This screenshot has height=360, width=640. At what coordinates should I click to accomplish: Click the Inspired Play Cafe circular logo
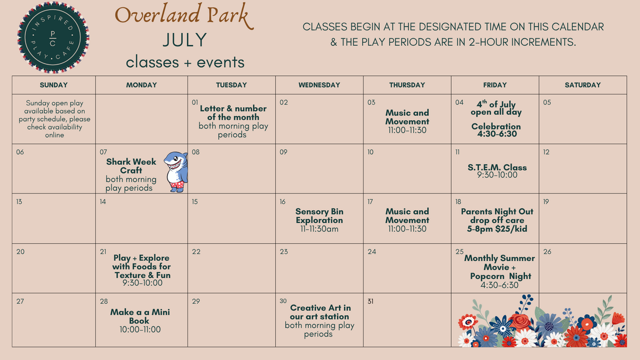click(53, 37)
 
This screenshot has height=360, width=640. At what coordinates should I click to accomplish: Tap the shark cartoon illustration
click(176, 172)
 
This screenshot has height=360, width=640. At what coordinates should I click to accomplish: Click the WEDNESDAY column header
click(319, 85)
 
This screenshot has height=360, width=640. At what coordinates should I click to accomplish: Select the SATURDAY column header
click(582, 85)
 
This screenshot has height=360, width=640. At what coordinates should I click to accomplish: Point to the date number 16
click(283, 202)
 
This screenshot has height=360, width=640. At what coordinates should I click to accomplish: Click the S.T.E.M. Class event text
click(497, 171)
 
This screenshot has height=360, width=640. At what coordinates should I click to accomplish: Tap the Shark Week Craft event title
click(131, 166)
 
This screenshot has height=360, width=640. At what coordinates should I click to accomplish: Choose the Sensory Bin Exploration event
click(319, 220)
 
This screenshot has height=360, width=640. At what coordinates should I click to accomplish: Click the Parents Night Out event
click(497, 220)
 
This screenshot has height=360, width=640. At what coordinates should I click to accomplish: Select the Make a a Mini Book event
click(140, 321)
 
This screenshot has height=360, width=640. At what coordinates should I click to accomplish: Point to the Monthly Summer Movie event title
click(500, 267)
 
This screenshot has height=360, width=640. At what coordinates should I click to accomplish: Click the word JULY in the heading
click(185, 40)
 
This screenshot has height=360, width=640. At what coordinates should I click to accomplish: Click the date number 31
click(370, 301)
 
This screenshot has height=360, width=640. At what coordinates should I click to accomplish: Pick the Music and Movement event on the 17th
click(407, 220)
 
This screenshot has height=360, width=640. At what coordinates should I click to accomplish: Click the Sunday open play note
click(54, 119)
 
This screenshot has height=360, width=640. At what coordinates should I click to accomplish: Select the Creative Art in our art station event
click(319, 321)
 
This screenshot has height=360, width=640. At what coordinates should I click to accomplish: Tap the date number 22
click(196, 252)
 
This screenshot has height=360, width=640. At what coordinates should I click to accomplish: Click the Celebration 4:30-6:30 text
click(497, 130)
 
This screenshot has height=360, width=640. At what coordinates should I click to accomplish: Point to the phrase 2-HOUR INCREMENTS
click(522, 42)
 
